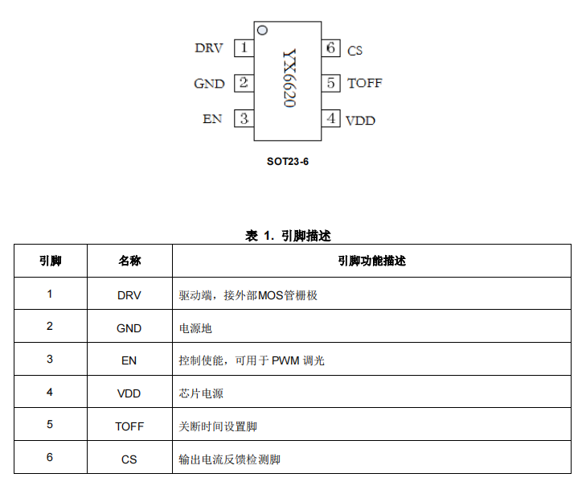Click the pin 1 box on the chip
click(x=244, y=48)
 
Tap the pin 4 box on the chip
click(x=330, y=118)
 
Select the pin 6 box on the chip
click(x=330, y=48)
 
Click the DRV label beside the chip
click(x=209, y=48)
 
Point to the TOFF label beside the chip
click(x=365, y=83)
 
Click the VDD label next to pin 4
click(x=360, y=121)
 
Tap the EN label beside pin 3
click(x=212, y=118)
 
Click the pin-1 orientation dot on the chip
click(x=263, y=30)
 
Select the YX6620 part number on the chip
click(x=289, y=78)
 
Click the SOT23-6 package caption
click(x=288, y=162)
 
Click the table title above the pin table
click(x=288, y=236)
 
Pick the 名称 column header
click(x=129, y=261)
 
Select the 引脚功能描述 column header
click(x=372, y=261)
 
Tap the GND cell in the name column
click(x=129, y=328)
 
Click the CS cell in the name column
click(x=129, y=459)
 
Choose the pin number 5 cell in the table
click(x=50, y=424)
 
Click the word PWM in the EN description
click(x=285, y=360)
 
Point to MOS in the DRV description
click(x=271, y=295)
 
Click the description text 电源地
click(x=195, y=328)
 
